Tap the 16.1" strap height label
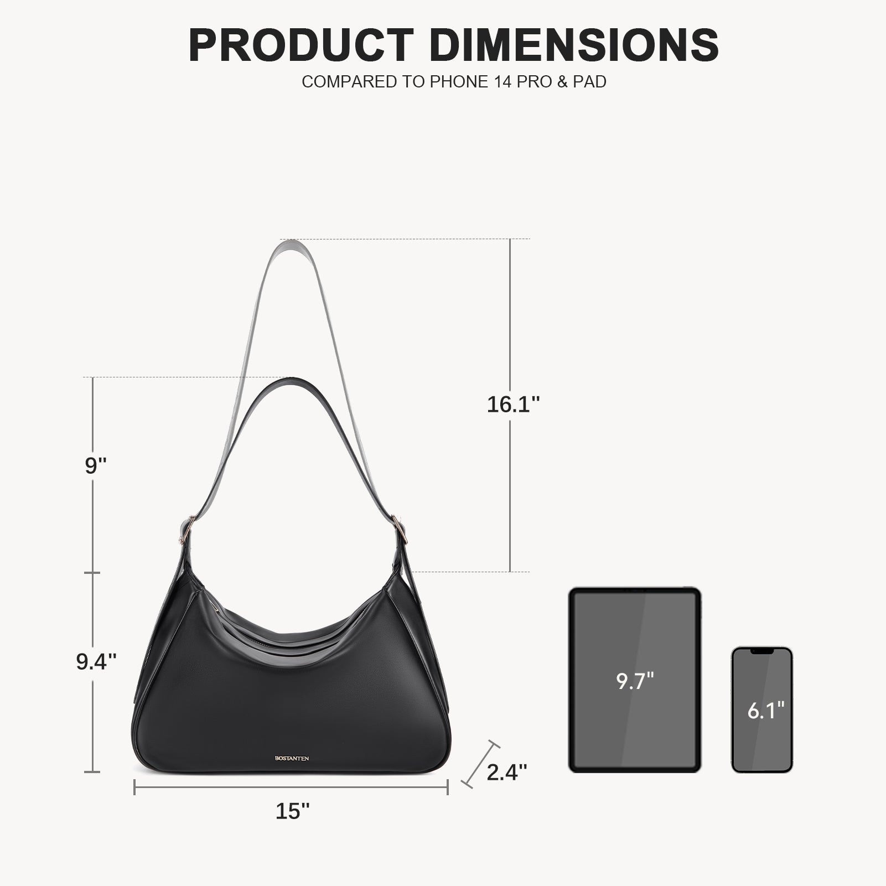pyautogui.click(x=513, y=405)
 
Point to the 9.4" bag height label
pyautogui.click(x=96, y=661)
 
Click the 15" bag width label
pyautogui.click(x=293, y=811)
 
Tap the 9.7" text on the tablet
pyautogui.click(x=635, y=681)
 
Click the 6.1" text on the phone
pyautogui.click(x=766, y=711)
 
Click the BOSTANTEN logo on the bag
pyautogui.click(x=292, y=758)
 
